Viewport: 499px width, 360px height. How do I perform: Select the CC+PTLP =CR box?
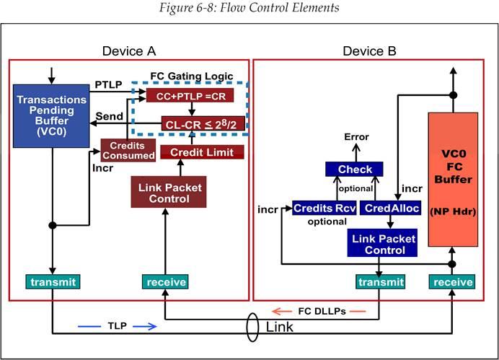tap(190, 95)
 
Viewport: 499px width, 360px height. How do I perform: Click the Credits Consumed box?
tap(128, 150)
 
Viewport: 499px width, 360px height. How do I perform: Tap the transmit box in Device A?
tap(52, 281)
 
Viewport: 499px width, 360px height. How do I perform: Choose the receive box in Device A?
tap(165, 281)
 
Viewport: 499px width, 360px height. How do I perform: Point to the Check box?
tap(356, 170)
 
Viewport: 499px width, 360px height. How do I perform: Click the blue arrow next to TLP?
tap(144, 326)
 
